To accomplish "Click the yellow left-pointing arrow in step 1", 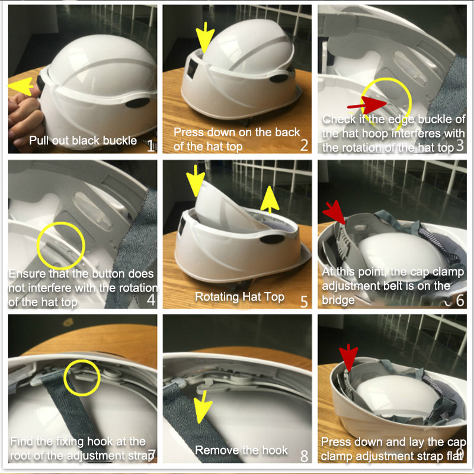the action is (21, 86).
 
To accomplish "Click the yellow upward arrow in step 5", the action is (270, 200).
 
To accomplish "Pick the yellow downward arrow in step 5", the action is (196, 181).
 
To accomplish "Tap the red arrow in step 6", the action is (335, 213).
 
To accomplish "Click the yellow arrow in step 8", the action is (203, 406).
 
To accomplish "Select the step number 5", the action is (304, 302).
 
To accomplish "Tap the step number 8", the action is (305, 456).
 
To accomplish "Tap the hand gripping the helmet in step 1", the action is (24, 118).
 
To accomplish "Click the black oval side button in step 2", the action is (278, 79).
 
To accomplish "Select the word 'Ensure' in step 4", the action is (28, 274).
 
